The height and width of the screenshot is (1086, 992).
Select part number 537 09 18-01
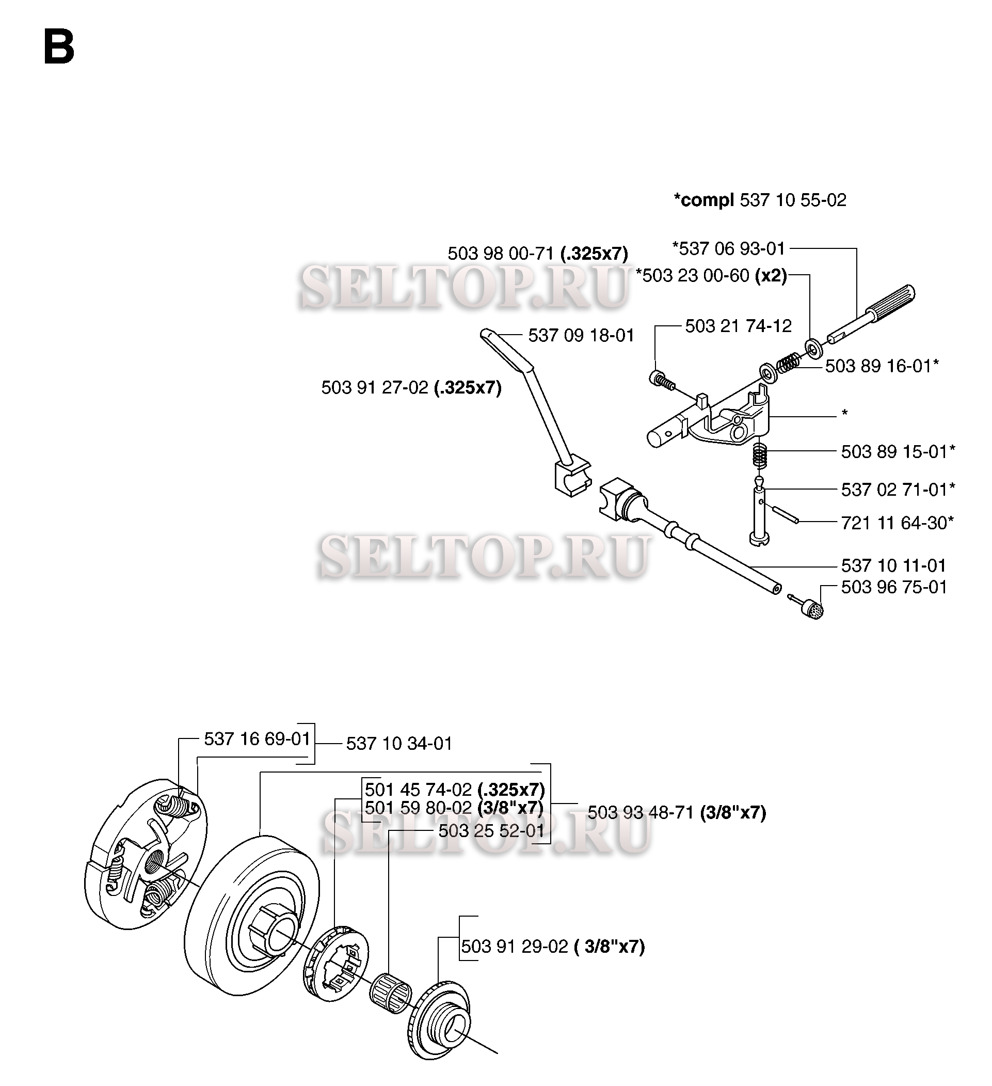point(581,336)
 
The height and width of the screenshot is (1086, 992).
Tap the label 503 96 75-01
point(894,587)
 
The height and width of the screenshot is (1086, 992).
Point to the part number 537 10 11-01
point(894,565)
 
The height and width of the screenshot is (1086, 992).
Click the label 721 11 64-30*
point(898,523)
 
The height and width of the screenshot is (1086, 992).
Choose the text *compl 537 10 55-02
point(760,200)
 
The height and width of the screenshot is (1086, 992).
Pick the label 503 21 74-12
point(739,326)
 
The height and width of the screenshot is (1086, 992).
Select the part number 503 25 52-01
point(492,830)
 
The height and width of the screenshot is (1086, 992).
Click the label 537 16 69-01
point(258,738)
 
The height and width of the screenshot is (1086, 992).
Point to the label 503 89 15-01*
point(898,451)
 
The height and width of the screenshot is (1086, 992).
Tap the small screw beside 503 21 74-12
point(662,380)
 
